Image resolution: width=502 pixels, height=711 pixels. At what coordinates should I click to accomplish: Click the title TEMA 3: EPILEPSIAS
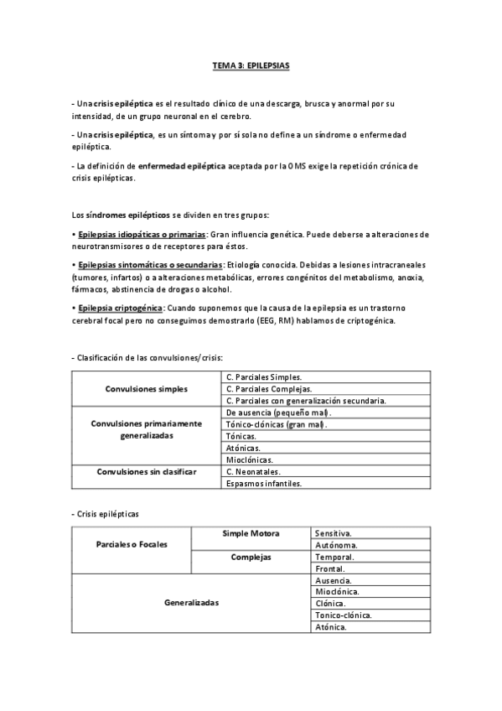(x=251, y=64)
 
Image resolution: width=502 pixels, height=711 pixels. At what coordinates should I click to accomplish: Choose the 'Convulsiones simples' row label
(x=147, y=389)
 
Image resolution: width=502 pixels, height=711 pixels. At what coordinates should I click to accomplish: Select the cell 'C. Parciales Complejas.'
(x=269, y=389)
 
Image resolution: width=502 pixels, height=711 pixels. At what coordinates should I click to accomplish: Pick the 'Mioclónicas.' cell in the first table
(x=250, y=460)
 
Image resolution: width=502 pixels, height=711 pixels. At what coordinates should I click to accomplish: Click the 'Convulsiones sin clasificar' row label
(x=147, y=472)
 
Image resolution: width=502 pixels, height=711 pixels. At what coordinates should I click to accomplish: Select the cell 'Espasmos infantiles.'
(x=264, y=484)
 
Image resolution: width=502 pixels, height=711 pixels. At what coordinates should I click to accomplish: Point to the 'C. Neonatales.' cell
(x=252, y=472)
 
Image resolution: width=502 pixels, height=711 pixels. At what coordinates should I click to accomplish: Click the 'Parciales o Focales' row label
(x=132, y=544)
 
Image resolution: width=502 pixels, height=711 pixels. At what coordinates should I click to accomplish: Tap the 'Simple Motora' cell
(x=251, y=533)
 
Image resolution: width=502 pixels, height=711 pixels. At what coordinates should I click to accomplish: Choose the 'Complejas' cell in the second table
(x=251, y=556)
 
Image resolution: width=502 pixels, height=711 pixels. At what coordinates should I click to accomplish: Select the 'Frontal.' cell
(x=331, y=568)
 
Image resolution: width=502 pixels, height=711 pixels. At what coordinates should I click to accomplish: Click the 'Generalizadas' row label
(x=191, y=603)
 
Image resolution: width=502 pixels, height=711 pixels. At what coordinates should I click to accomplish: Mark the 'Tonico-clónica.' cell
(x=344, y=615)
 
